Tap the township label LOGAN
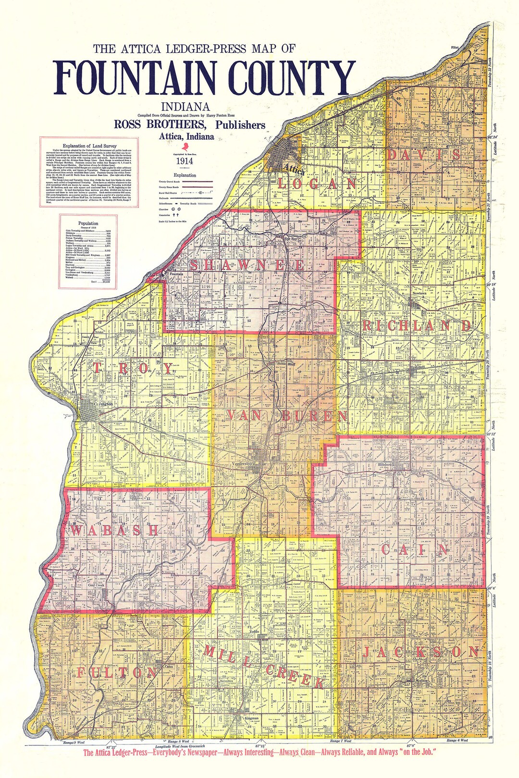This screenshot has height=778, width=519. [x=317, y=183]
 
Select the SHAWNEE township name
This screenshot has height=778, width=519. [x=247, y=265]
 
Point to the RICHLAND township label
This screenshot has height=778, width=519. [x=417, y=325]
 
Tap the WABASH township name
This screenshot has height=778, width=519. [x=115, y=530]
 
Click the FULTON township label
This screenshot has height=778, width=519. [x=117, y=672]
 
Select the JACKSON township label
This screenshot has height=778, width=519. [x=420, y=652]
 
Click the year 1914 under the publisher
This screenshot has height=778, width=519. [x=185, y=161]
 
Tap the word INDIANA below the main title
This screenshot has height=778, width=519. [x=185, y=107]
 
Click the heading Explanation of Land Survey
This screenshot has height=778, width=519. [x=89, y=146]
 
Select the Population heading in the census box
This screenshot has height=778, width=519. [x=88, y=223]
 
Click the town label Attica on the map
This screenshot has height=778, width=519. [x=293, y=169]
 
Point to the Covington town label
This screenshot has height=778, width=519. [x=104, y=404]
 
